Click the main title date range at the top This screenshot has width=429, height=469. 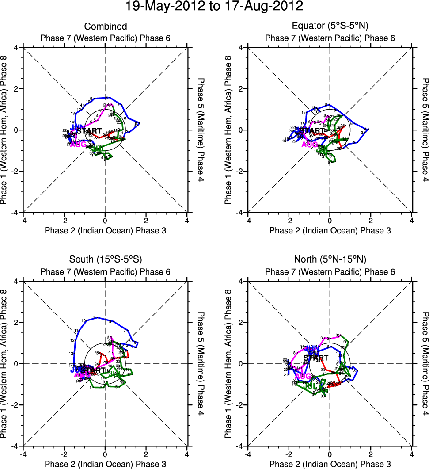(x=214, y=7)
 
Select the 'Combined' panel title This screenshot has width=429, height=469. (x=106, y=27)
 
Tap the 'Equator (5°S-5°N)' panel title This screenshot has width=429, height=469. (x=330, y=27)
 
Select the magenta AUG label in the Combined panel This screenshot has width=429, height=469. (x=78, y=144)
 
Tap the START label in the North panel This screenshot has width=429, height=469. (x=315, y=358)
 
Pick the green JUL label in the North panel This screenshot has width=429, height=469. (x=312, y=386)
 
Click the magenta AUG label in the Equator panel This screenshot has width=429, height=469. (x=309, y=145)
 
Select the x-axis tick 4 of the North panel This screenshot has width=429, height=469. (x=411, y=454)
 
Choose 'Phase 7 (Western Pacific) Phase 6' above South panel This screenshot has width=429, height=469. (x=106, y=271)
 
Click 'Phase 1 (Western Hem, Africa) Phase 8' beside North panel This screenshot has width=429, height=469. (x=229, y=363)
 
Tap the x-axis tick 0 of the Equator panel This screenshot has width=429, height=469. (x=330, y=221)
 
